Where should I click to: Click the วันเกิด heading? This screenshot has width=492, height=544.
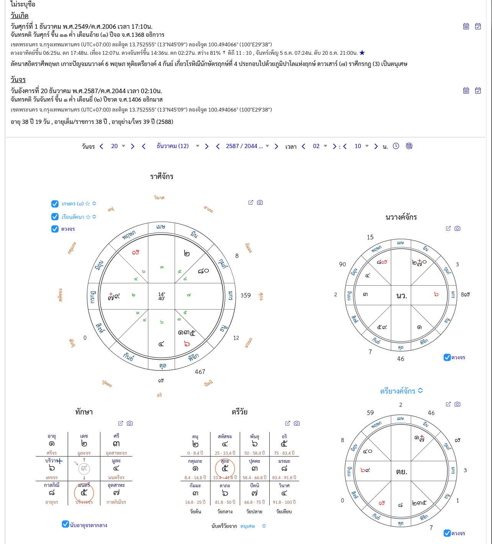point(19,16)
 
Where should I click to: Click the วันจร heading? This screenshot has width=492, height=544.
point(18,80)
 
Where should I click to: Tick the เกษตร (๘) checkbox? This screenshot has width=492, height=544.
point(55,204)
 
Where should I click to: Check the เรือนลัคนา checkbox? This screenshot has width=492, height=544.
point(55,217)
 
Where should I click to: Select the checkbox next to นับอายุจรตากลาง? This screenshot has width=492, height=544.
point(66,524)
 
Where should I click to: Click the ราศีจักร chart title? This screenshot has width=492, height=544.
point(162,177)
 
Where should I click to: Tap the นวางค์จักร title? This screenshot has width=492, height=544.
point(401,217)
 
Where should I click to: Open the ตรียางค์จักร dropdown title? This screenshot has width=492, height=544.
point(401,391)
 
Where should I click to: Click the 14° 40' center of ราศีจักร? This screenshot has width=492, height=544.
point(161,296)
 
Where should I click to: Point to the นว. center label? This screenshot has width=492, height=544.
point(401,296)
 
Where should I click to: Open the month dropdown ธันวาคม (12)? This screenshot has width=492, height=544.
point(177,146)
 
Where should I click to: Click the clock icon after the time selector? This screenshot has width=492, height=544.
point(396,146)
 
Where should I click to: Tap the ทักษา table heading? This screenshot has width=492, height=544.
point(84,412)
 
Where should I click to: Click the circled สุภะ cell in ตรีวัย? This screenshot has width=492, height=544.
point(225,468)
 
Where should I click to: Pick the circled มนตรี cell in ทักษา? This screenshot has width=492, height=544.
point(84,493)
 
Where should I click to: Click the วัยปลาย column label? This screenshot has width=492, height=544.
point(254,511)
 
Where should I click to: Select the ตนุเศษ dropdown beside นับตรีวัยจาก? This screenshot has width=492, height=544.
point(253,526)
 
